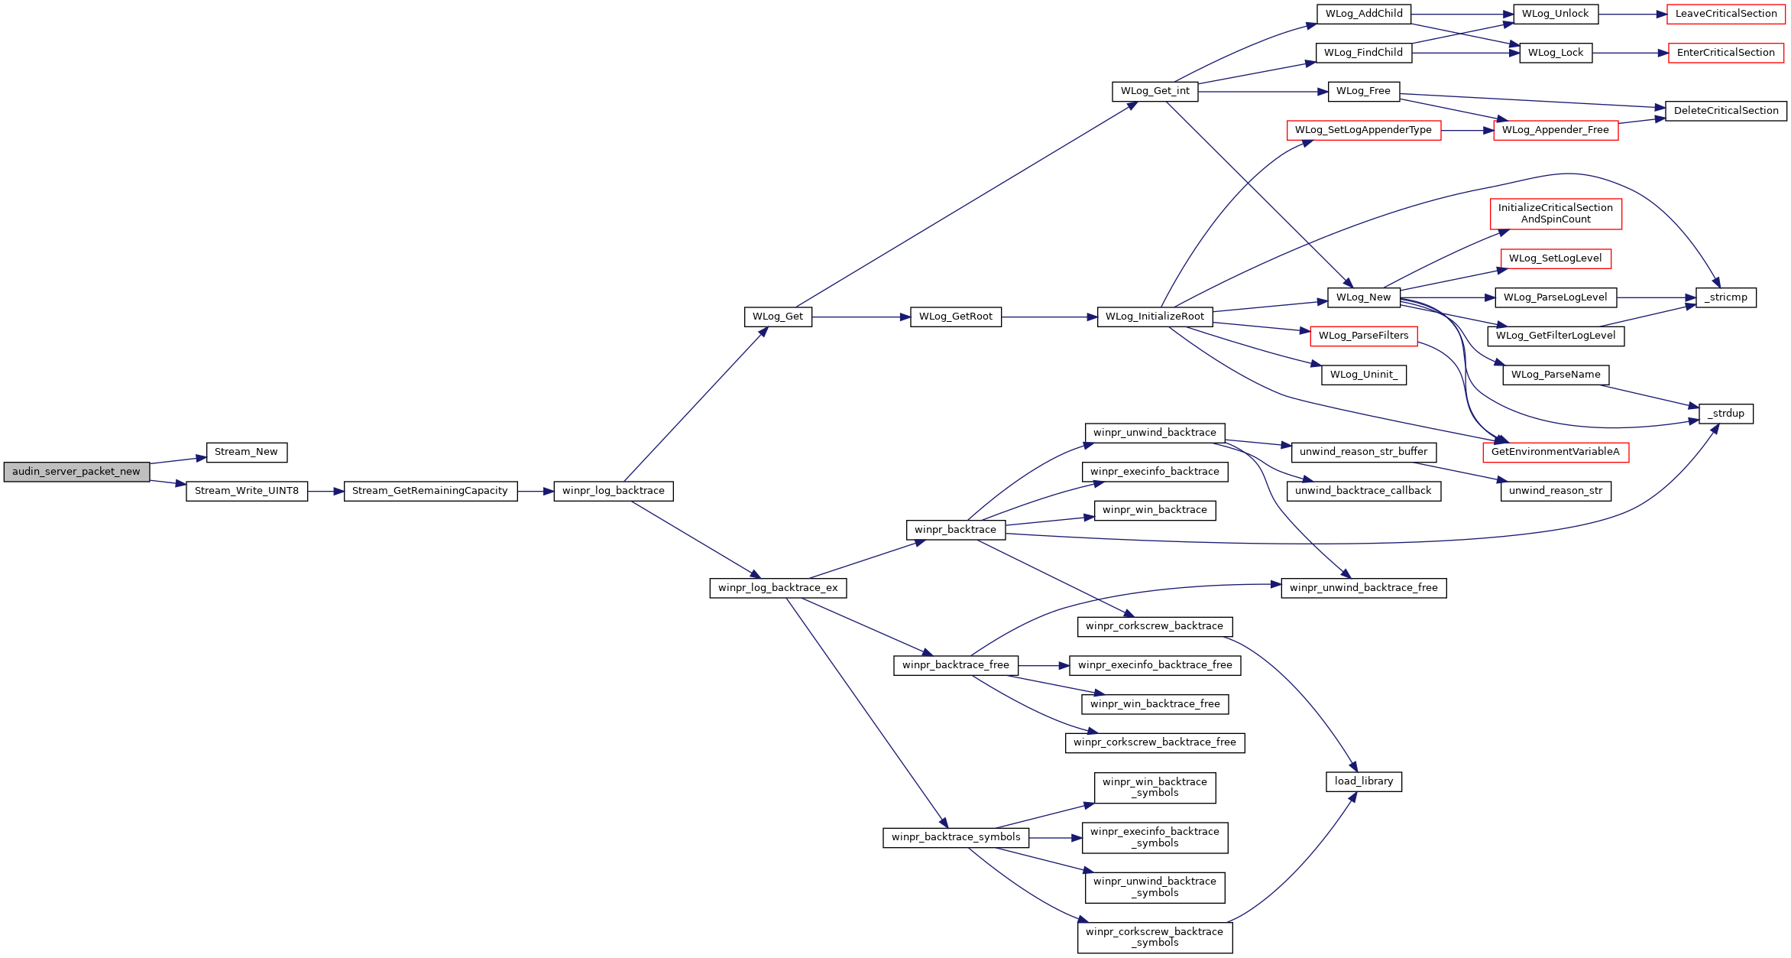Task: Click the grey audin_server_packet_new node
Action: click(76, 472)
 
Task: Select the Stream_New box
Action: click(246, 453)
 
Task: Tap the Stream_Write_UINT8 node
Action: click(247, 491)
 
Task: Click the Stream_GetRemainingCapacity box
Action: click(430, 491)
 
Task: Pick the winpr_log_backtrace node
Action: click(614, 491)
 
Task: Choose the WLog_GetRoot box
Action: click(956, 317)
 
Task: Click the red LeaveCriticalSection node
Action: click(1726, 14)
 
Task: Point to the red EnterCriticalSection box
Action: click(1726, 53)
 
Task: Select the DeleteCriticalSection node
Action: click(1726, 111)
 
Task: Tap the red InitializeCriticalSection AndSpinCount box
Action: click(1556, 213)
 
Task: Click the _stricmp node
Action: click(1726, 297)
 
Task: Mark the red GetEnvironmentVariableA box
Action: click(1556, 452)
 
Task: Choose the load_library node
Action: click(1364, 781)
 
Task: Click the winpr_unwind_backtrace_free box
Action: click(1364, 588)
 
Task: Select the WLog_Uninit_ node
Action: click(1364, 375)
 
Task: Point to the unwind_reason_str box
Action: click(1556, 491)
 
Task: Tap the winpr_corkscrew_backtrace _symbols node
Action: click(1155, 937)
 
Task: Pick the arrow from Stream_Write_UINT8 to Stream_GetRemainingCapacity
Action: click(326, 491)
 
